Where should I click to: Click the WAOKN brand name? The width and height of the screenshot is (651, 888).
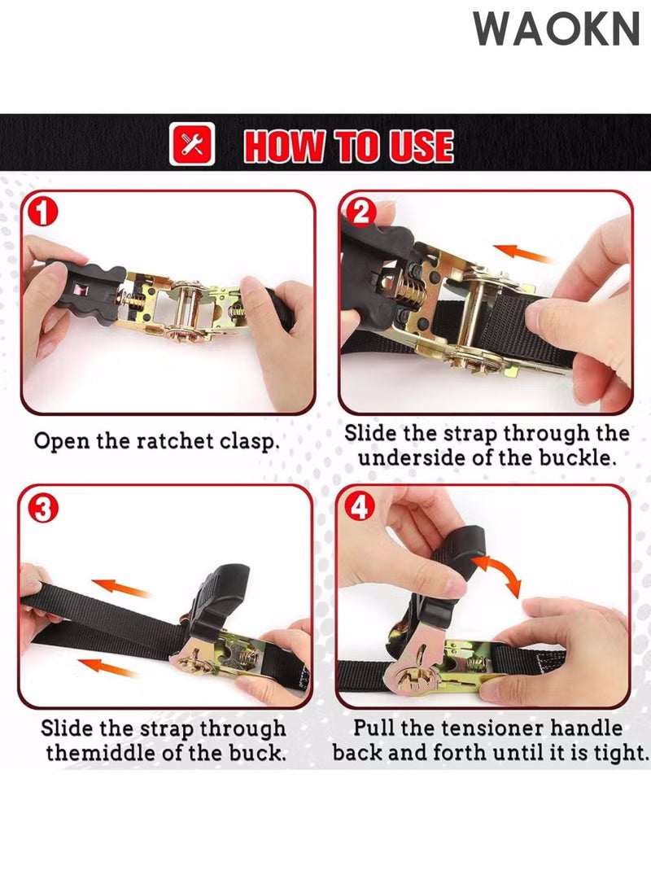557,29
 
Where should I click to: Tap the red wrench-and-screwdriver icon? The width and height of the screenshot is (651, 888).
191,145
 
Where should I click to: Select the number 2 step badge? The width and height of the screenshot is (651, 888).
360,212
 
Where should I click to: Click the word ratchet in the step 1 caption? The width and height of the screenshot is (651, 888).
168,441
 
